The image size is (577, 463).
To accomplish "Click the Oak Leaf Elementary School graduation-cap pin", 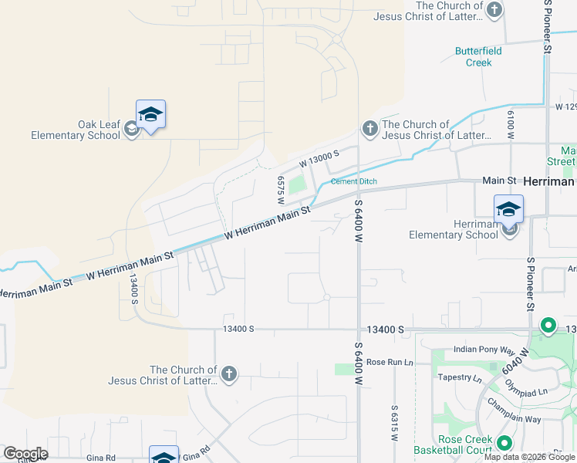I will tap(150, 116).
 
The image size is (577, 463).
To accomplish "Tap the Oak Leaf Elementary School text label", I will tap(76, 130).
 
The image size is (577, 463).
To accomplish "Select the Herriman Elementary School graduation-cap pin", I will tap(508, 210).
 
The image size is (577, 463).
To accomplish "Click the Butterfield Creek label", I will tap(478, 57).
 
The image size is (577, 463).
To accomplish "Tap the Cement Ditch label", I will tap(354, 182).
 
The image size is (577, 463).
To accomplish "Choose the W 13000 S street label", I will tap(319, 161).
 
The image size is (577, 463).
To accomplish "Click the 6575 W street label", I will tap(282, 189).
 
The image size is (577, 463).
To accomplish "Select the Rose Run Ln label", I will tap(390, 362).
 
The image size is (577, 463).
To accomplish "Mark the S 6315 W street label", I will tap(393, 423).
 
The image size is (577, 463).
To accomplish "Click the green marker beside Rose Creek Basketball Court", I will tap(504, 443).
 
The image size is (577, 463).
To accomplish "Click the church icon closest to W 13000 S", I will tap(369, 127).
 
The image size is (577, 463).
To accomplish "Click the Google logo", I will tap(25, 454).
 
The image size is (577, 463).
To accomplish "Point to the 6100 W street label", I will tap(511, 123).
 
